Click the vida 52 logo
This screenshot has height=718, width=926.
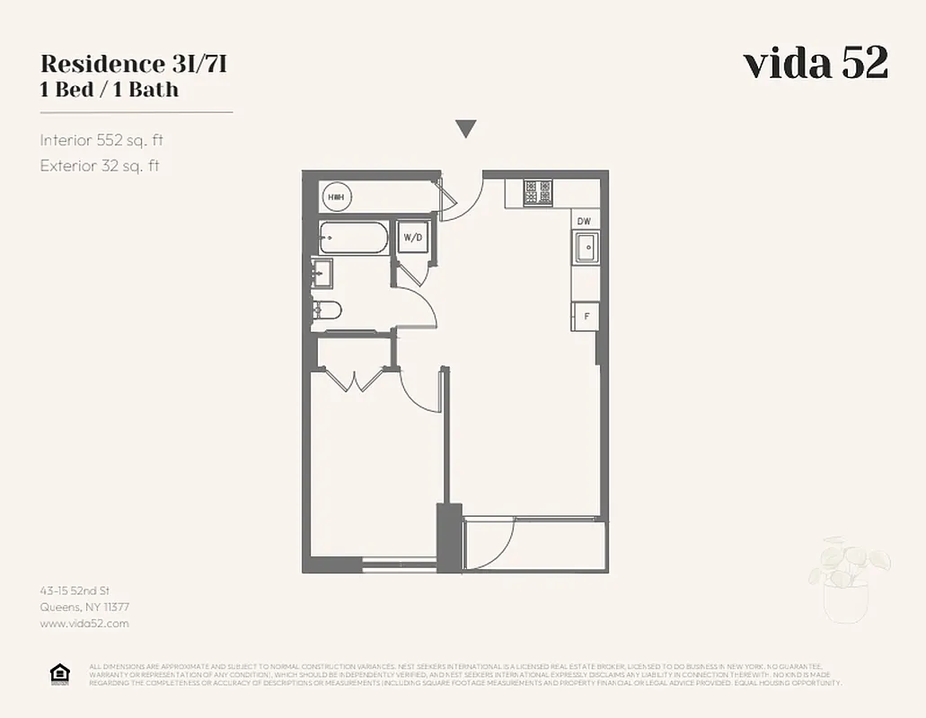tap(816, 64)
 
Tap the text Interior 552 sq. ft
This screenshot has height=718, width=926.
tap(101, 140)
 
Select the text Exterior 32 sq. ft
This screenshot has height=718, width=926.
tap(100, 166)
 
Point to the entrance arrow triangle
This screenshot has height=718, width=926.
tap(465, 129)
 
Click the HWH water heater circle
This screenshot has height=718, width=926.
tap(336, 197)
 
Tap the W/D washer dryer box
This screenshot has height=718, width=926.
tap(413, 238)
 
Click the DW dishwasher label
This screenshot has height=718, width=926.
tap(584, 222)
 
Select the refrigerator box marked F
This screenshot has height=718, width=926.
tap(586, 316)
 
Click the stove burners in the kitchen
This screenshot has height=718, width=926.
tap(540, 193)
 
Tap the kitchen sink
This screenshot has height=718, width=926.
tap(586, 247)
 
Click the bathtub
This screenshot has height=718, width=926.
tap(354, 239)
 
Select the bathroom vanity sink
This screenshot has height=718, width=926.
tap(322, 272)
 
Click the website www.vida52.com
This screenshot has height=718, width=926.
tap(84, 623)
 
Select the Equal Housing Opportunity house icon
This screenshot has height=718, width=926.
tap(59, 674)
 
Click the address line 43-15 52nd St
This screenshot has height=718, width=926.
tap(75, 591)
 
